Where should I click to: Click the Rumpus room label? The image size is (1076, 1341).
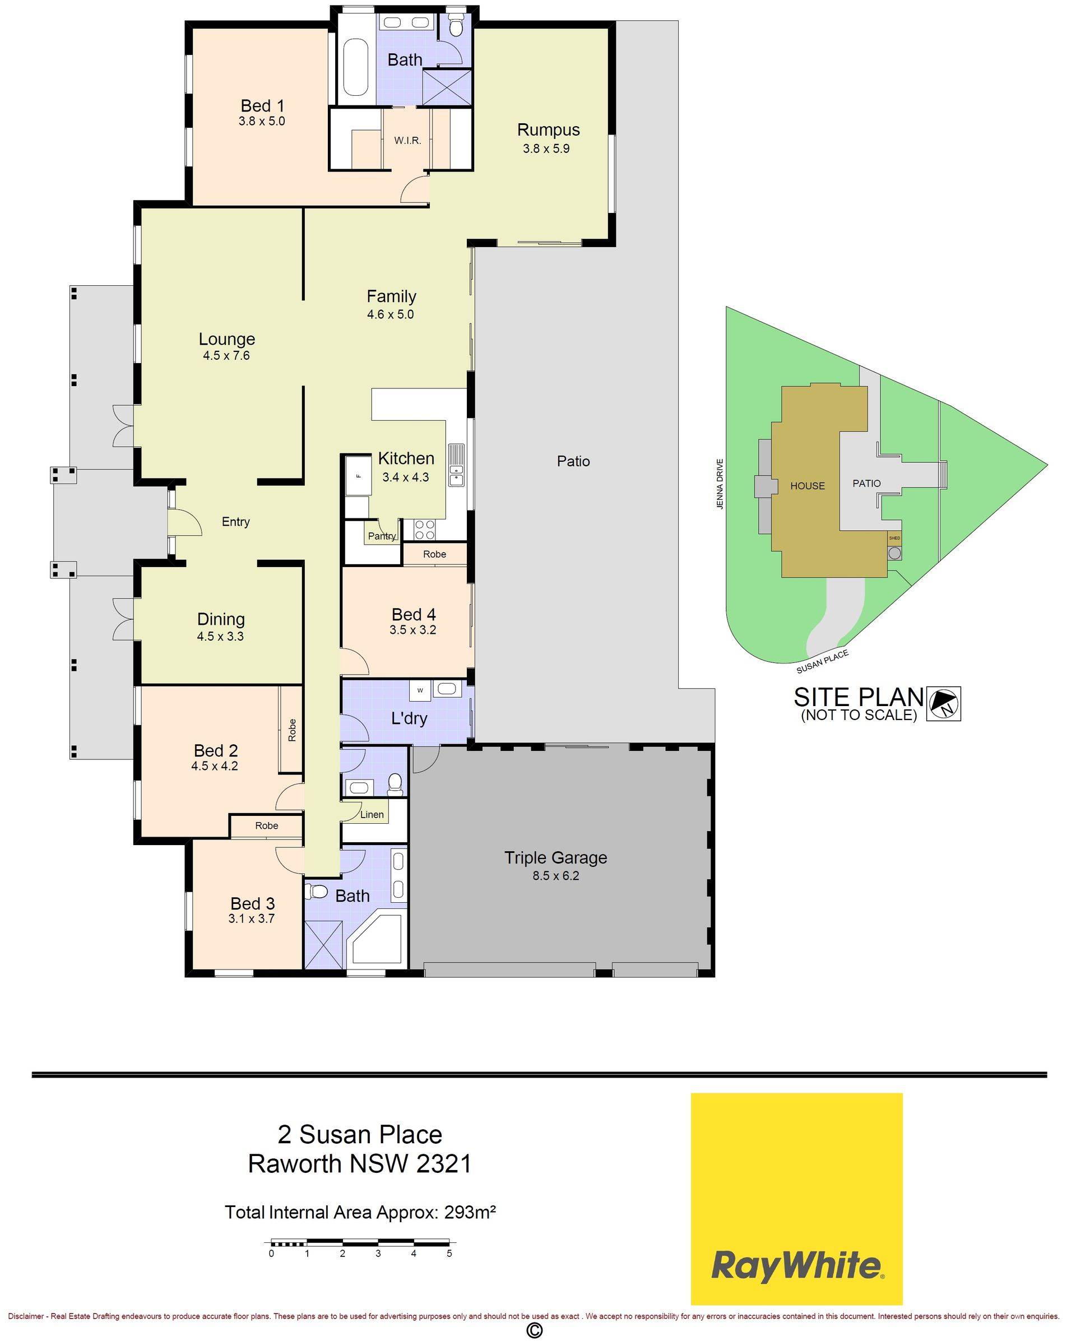[x=548, y=130]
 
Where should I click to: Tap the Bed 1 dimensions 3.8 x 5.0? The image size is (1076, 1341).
[x=262, y=121]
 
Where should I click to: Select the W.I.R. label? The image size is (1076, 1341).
[x=407, y=141]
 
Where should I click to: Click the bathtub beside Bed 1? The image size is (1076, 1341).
[x=356, y=67]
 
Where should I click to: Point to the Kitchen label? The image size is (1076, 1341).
[x=406, y=458]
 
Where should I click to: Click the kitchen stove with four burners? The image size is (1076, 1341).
[x=425, y=530]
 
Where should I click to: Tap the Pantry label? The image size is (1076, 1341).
[x=381, y=536]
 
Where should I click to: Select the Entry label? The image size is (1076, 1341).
[x=236, y=522]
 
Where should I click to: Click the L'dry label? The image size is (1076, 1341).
[x=409, y=718]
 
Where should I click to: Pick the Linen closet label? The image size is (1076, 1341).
[x=372, y=815]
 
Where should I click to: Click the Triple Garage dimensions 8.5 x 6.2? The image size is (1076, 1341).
[x=555, y=876]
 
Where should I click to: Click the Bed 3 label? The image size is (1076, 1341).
[x=253, y=903]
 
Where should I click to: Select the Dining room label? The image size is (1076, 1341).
[x=221, y=619]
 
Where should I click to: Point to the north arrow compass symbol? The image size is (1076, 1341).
[x=944, y=704]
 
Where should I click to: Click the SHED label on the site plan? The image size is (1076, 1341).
[x=894, y=539]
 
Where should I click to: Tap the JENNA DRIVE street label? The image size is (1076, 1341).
[x=720, y=485]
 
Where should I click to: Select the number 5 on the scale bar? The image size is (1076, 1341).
[x=449, y=1254]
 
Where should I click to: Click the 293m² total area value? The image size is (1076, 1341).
[x=470, y=1212]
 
